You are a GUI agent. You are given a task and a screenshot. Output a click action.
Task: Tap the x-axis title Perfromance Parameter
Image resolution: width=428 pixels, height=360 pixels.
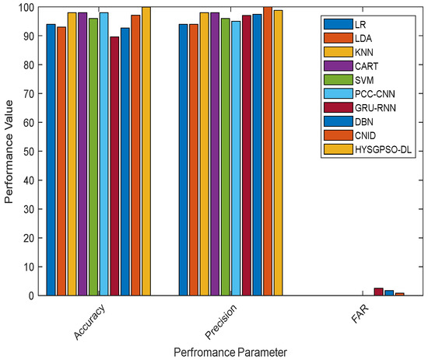214,351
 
